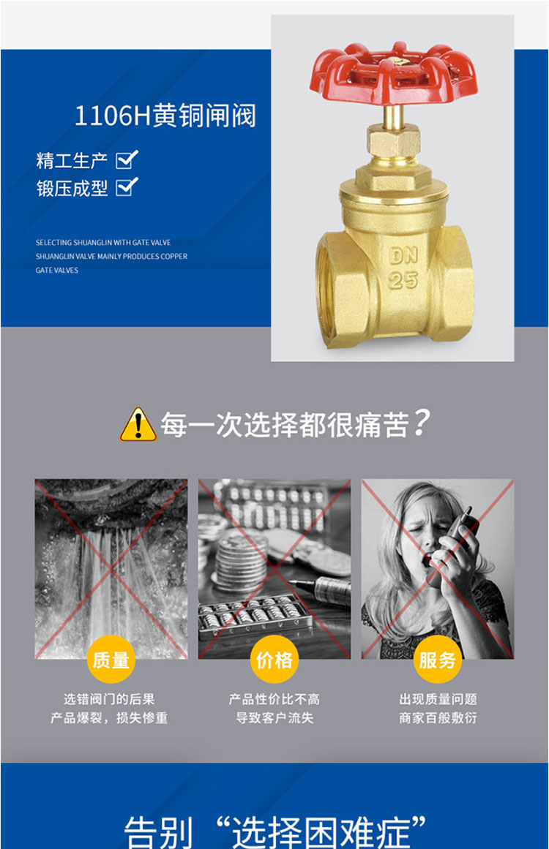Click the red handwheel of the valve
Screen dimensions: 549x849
pos(394,74)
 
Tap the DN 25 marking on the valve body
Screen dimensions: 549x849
pos(403,268)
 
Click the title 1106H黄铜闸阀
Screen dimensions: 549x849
pos(165,116)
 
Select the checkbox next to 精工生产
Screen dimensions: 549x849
pos(127,159)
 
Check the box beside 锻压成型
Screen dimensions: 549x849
pos(127,186)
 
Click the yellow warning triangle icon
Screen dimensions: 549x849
pos(138,424)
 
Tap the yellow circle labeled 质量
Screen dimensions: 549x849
pos(111,660)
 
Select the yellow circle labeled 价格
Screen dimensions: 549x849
pos(274,660)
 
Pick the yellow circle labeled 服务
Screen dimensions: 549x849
pos(437,660)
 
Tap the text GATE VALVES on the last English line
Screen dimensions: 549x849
pos(57,270)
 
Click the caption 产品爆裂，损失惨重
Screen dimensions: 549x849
pos(109,718)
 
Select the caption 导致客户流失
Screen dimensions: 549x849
pos(274,718)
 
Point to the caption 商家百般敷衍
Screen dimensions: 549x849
pos(438,718)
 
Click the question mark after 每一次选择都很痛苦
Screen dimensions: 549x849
pos(421,423)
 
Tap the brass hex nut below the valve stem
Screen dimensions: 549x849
pos(394,142)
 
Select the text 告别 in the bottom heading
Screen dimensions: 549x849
pos(158,832)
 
